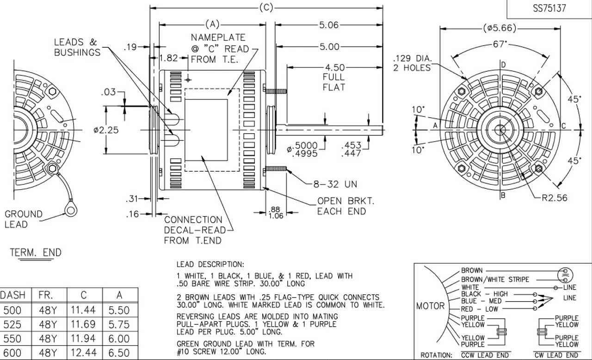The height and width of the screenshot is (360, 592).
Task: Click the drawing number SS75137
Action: [x=549, y=9]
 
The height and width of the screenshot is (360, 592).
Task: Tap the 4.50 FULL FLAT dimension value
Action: [x=334, y=67]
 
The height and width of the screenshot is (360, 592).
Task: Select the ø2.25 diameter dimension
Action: [x=106, y=130]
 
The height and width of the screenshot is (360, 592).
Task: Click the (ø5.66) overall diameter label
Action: [x=499, y=28]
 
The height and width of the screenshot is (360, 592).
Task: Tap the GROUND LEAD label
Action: [x=23, y=219]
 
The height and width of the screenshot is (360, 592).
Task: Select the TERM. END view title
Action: [x=36, y=253]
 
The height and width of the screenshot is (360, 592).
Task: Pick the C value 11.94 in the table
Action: [x=84, y=339]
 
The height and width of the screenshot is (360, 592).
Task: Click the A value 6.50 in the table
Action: [x=119, y=353]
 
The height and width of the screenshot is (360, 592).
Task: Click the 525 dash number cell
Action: [x=12, y=324]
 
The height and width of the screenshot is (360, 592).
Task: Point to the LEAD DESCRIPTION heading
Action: [x=210, y=265]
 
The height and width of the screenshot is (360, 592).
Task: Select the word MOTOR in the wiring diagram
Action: [x=431, y=306]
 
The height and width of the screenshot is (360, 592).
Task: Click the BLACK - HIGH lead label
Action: [x=484, y=294]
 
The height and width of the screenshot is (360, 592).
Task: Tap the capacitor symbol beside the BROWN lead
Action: [x=563, y=274]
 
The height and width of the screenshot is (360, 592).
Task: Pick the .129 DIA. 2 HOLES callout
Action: [x=412, y=63]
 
